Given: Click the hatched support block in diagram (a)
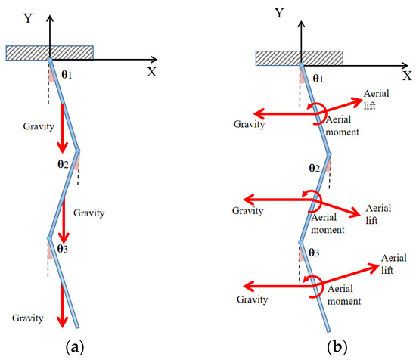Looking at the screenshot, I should point(50,53).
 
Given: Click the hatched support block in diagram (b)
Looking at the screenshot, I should point(300,58).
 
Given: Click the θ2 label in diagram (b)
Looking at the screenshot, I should point(315,166).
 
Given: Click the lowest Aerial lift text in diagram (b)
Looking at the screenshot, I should point(393,264).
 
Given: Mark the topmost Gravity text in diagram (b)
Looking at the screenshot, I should point(251,123).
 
